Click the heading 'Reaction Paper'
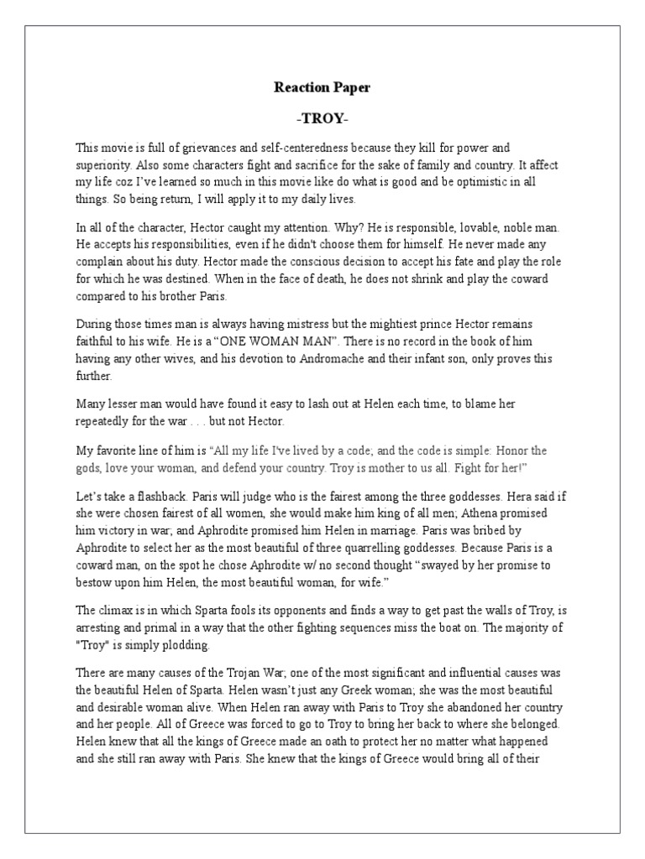point(322,86)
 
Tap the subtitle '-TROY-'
point(322,118)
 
